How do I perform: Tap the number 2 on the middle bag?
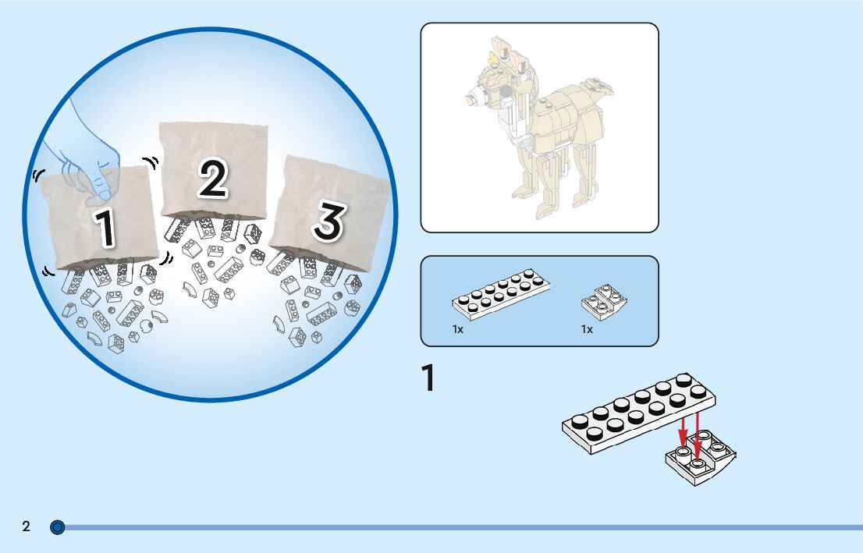point(212,178)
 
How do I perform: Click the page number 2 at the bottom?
point(26,526)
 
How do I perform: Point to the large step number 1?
point(428,379)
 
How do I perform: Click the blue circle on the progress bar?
point(57,527)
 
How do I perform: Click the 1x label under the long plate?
point(458,329)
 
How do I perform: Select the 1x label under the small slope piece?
point(587,329)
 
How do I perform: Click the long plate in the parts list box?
point(501,296)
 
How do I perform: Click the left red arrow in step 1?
point(683,433)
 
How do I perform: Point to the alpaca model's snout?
point(474,100)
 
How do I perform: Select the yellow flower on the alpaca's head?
point(493,56)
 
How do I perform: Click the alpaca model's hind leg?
point(582,175)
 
